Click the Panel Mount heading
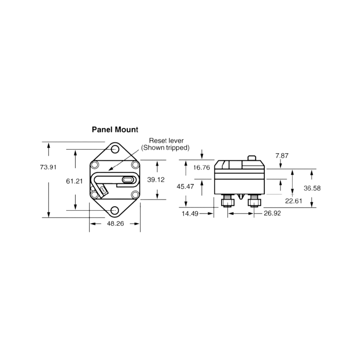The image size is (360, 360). pos(115,130)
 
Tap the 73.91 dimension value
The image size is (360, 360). pos(49,167)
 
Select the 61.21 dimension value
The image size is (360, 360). pos(74,181)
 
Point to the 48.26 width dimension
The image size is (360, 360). pos(115,224)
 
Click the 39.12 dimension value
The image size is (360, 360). pos(156,180)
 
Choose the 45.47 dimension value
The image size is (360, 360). pos(185,187)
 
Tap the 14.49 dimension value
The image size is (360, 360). pos(190,213)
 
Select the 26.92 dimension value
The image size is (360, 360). pos(272,213)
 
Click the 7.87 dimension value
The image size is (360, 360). pos(282,155)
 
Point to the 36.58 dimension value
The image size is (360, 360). pos(312,188)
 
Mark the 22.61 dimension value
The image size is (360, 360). pos(294,200)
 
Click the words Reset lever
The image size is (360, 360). pos(166,141)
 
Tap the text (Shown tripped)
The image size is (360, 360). pos(165,147)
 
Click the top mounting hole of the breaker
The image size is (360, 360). pos(115,149)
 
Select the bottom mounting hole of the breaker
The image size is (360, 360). pos(115,210)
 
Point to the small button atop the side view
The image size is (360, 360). pos(252,157)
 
